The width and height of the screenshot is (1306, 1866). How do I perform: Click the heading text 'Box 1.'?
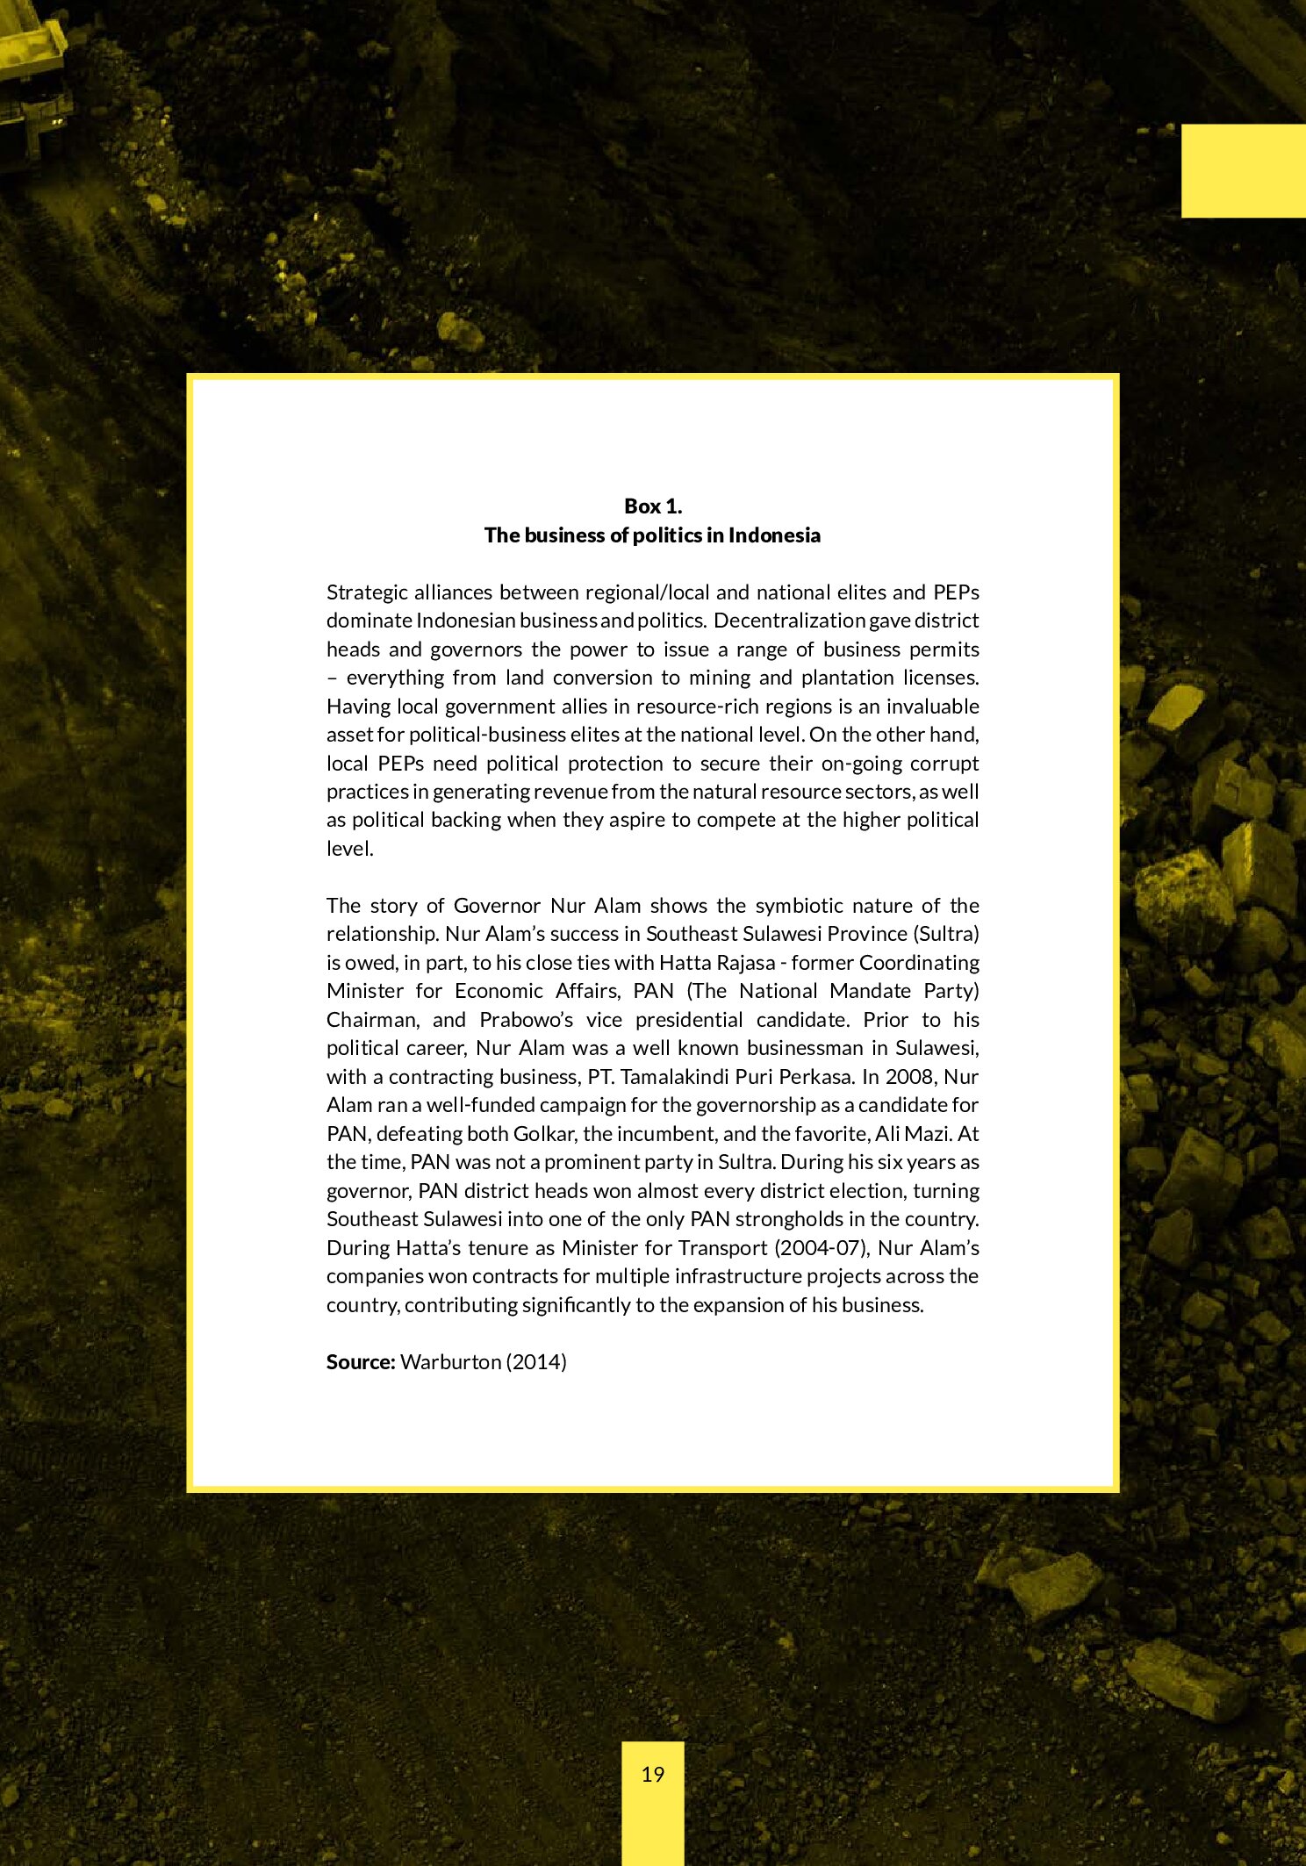coord(652,506)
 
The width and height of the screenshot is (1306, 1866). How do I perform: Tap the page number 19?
coord(652,1774)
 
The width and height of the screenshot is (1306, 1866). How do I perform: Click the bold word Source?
coord(361,1361)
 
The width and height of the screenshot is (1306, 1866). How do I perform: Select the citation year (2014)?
coord(535,1361)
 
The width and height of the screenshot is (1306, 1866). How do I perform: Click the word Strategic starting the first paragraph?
coord(366,592)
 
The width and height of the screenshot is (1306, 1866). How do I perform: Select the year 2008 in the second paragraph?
coord(910,1076)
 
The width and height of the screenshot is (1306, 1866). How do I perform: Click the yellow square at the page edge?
coord(1243,171)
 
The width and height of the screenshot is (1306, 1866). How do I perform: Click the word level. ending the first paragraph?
coord(349,849)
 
